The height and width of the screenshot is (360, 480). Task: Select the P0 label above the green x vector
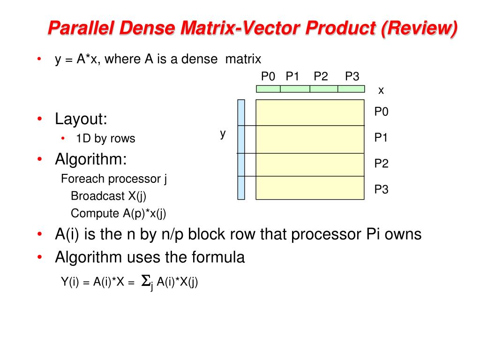(x=268, y=76)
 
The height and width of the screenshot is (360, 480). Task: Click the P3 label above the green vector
(x=352, y=76)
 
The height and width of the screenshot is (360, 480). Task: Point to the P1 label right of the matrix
(x=381, y=138)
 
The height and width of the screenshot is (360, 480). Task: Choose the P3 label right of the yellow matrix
(x=381, y=190)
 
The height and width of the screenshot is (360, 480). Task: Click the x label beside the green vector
(x=381, y=90)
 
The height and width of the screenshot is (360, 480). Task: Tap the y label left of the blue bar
(x=223, y=134)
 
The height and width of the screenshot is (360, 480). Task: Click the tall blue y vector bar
(x=241, y=150)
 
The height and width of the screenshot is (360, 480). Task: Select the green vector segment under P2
(x=323, y=89)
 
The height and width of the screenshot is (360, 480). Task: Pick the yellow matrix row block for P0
(x=310, y=112)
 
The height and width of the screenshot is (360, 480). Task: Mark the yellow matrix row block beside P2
(x=310, y=165)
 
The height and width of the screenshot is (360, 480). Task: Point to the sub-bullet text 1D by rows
(x=105, y=139)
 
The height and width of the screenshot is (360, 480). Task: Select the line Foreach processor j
(x=114, y=179)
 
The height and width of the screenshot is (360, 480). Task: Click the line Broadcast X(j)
(x=112, y=196)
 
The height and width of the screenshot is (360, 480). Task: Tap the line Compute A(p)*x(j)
(x=119, y=213)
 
